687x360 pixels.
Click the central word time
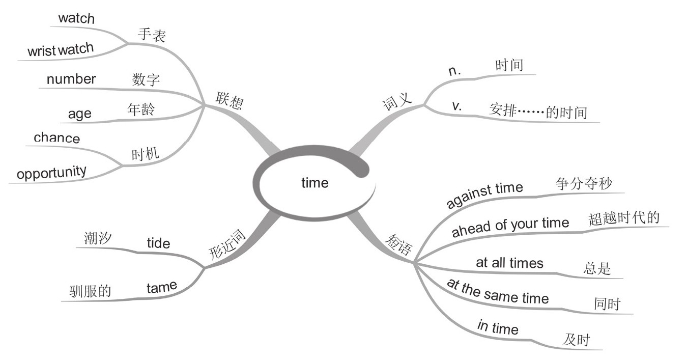pos(314,183)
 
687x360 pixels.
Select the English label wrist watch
pos(61,50)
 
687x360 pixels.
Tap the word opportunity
pos(51,173)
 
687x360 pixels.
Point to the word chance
pos(56,138)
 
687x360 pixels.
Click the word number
pos(71,79)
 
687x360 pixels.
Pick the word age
pos(80,113)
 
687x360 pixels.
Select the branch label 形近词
pos(227,244)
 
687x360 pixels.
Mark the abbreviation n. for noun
pos(454,71)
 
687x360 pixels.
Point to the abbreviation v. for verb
pos(456,106)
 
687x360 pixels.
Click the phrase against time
pos(484,195)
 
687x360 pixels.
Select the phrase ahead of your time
pos(510,227)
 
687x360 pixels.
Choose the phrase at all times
pos(509,263)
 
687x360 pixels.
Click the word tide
pos(158,243)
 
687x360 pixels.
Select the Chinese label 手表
pos(152,34)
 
